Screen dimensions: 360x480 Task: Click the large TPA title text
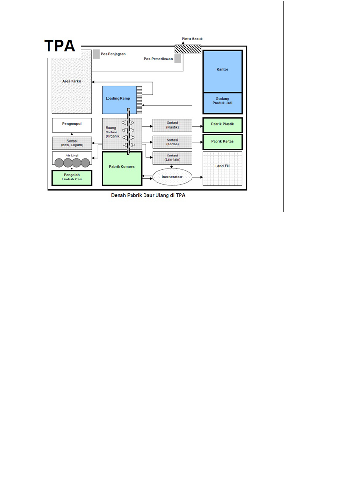tap(60, 46)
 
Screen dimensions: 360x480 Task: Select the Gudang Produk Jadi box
tap(222, 103)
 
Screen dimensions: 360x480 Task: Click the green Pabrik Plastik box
tap(222, 125)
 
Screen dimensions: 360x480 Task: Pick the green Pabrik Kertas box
tap(222, 142)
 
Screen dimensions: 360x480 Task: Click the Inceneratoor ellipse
tap(172, 177)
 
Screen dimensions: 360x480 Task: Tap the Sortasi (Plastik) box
tap(172, 125)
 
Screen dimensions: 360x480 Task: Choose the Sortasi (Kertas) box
tap(172, 142)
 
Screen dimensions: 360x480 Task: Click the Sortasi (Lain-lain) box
tap(172, 158)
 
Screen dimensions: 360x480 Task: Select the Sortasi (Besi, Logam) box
tap(72, 143)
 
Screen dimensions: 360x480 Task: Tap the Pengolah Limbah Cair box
tap(72, 178)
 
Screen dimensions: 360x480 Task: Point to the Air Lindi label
tap(72, 156)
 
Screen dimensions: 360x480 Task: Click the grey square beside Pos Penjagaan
tap(96, 54)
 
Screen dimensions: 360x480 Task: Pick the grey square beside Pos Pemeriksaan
tap(178, 59)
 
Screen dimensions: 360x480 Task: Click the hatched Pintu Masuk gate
tap(188, 48)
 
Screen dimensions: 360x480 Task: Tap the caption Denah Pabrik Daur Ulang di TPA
tap(148, 196)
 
